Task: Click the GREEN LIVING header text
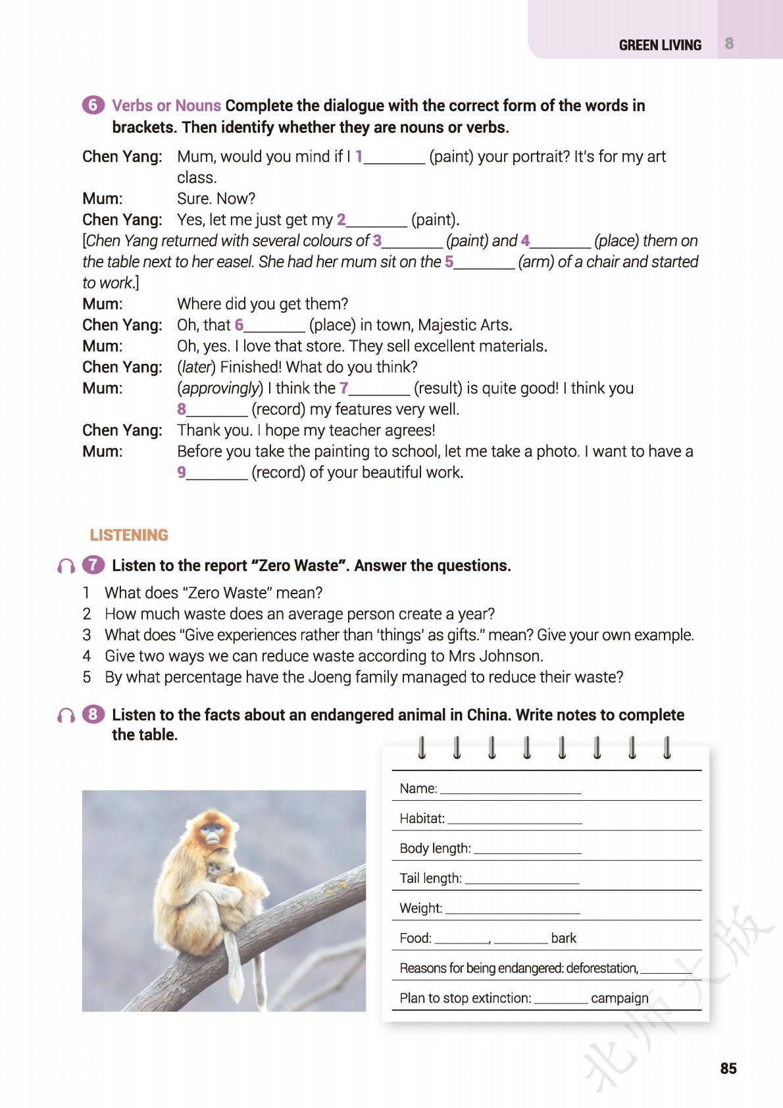click(660, 45)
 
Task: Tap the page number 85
click(728, 1068)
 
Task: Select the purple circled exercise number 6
click(93, 105)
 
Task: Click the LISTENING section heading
click(129, 535)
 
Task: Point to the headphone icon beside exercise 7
click(66, 566)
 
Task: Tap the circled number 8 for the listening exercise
click(93, 715)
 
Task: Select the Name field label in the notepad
click(418, 788)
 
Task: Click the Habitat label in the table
click(422, 818)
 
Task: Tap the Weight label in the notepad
click(420, 909)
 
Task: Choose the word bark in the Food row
click(563, 938)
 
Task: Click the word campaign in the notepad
click(619, 998)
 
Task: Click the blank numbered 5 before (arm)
click(484, 262)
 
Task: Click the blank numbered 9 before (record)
click(216, 472)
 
